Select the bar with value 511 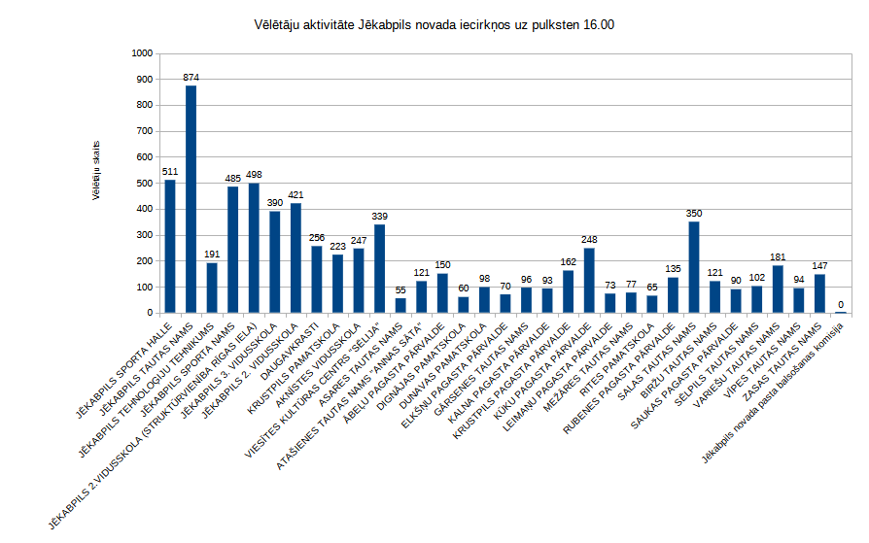pos(170,247)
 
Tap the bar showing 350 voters pos(694,267)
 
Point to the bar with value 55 pos(400,306)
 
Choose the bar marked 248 pos(589,281)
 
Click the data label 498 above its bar pos(254,175)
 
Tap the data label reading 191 pos(212,255)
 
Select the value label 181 pos(778,257)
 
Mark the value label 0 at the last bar pos(841,304)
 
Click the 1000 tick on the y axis pos(143,52)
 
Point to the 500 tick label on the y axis pos(146,183)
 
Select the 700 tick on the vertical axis pos(146,130)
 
